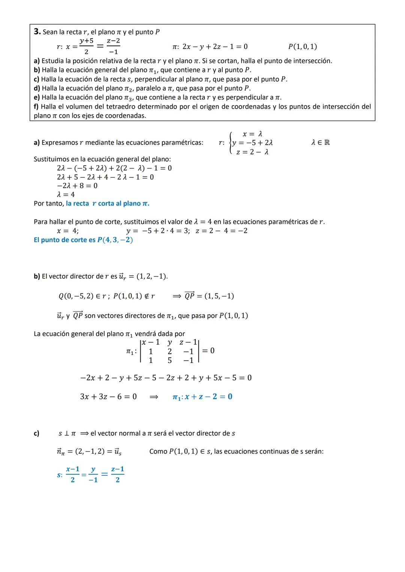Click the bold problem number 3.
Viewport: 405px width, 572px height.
tap(37, 31)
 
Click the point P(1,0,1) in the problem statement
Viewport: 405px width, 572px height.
tap(302, 46)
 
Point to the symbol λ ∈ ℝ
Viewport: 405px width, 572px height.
tap(321, 142)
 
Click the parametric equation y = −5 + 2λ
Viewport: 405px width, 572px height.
tap(252, 143)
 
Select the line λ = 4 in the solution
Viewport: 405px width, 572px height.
tap(66, 194)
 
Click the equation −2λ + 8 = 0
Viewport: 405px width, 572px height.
tap(77, 185)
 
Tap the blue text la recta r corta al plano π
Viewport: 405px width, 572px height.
tap(108, 203)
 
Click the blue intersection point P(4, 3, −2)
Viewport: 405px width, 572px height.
tap(115, 240)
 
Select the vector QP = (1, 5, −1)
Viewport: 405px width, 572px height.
tap(209, 296)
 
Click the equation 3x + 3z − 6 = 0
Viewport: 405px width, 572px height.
tap(108, 396)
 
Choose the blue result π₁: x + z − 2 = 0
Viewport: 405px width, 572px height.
tap(202, 396)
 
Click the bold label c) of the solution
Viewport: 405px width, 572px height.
tap(36, 433)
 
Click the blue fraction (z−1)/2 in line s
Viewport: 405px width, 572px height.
tap(117, 474)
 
